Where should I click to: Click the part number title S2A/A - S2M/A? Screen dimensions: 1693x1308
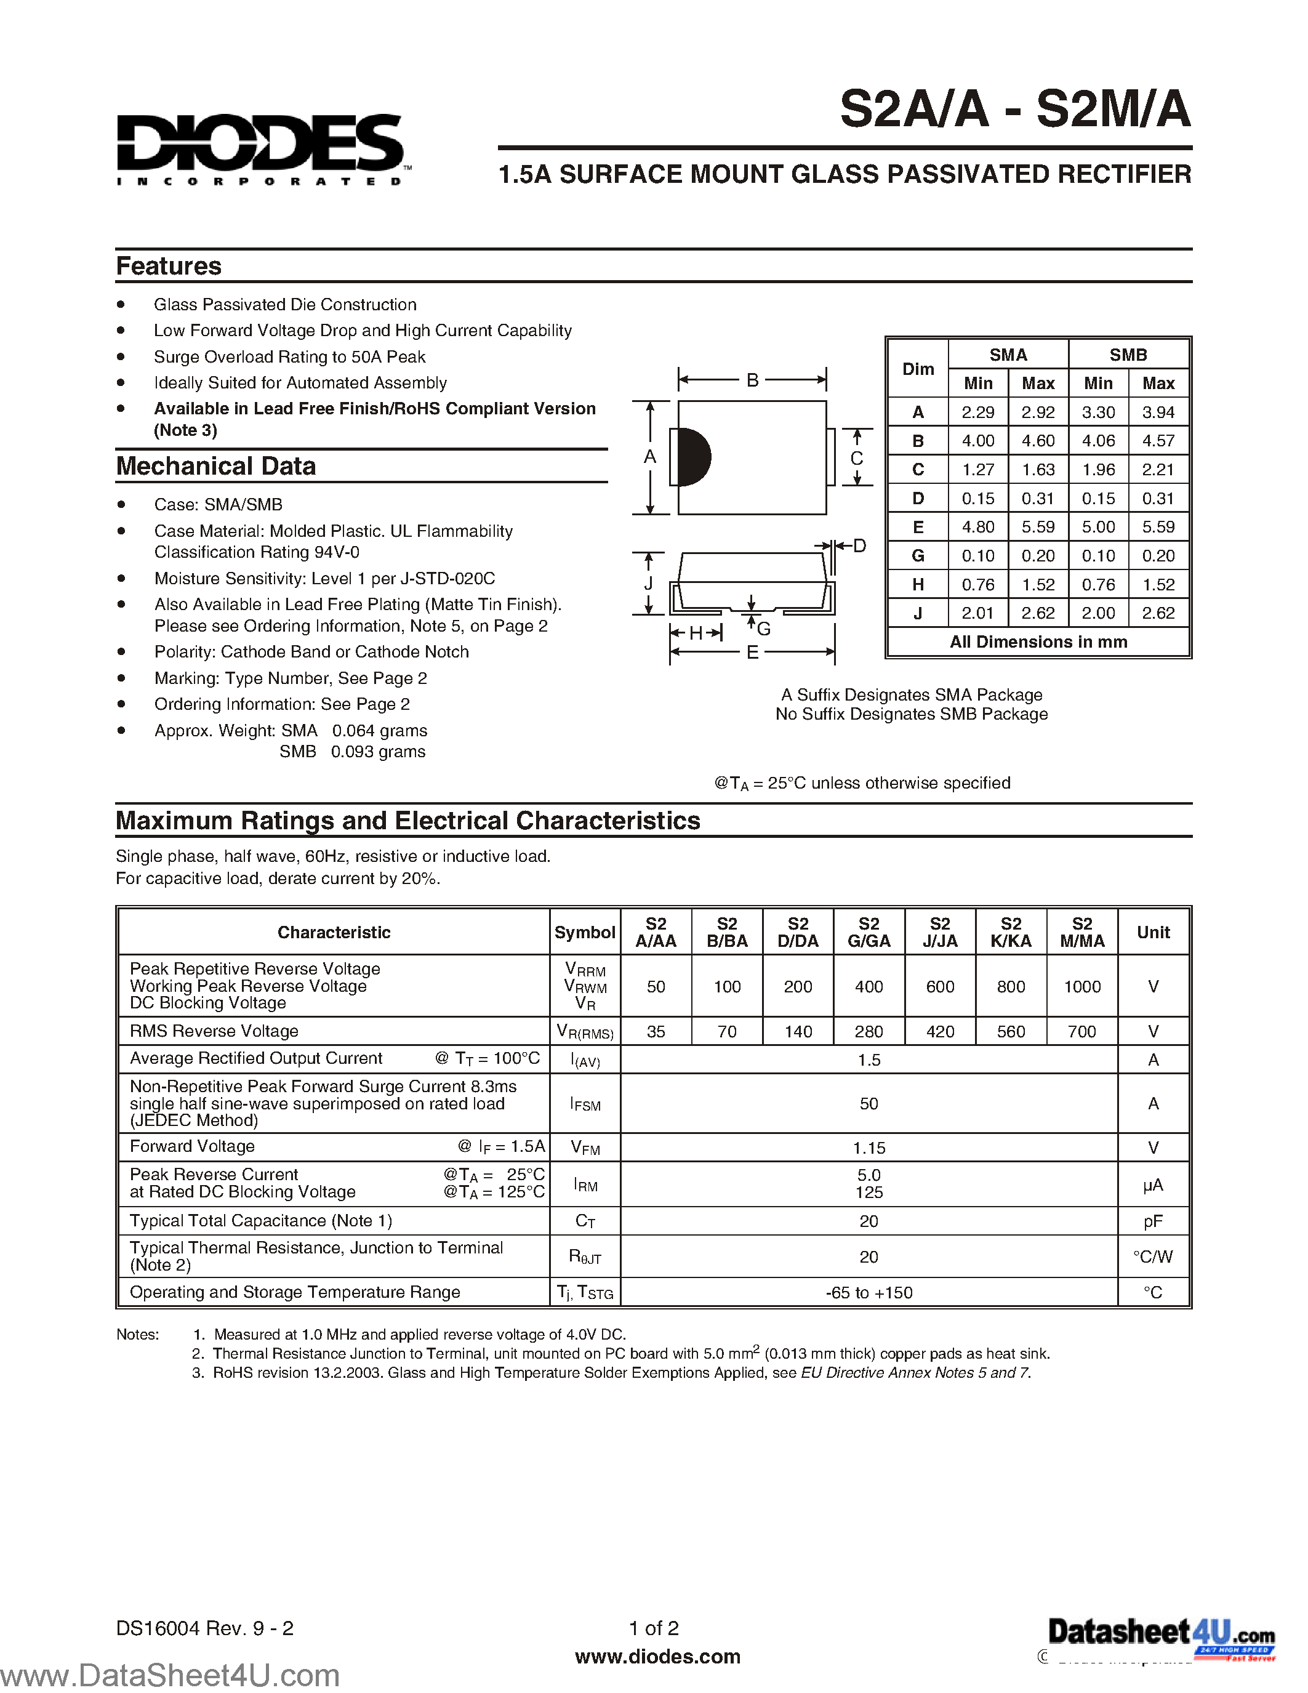coord(1014,110)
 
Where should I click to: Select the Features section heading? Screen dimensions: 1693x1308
coord(169,266)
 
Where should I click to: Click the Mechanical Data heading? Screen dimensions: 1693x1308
coord(216,466)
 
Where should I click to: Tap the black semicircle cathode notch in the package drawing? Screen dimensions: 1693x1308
coord(694,457)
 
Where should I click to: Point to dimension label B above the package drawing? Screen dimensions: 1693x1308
coord(752,380)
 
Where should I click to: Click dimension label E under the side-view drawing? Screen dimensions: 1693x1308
coord(752,653)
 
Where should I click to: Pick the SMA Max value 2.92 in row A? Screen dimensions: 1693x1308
coord(1038,412)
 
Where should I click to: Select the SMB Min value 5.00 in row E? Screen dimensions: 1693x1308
coord(1098,527)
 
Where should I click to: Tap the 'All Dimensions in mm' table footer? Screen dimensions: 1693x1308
coord(1038,642)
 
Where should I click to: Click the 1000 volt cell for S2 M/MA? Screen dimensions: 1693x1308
coord(1081,986)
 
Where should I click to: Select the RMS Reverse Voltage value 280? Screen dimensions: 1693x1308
coord(869,1031)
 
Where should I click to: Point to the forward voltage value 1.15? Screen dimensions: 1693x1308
coord(869,1148)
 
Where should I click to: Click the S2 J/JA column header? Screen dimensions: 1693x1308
coord(940,932)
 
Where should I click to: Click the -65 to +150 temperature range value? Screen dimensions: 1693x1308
coord(869,1292)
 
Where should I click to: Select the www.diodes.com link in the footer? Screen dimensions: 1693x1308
coord(657,1657)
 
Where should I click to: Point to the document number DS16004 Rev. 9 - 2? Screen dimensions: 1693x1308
coord(204,1628)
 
